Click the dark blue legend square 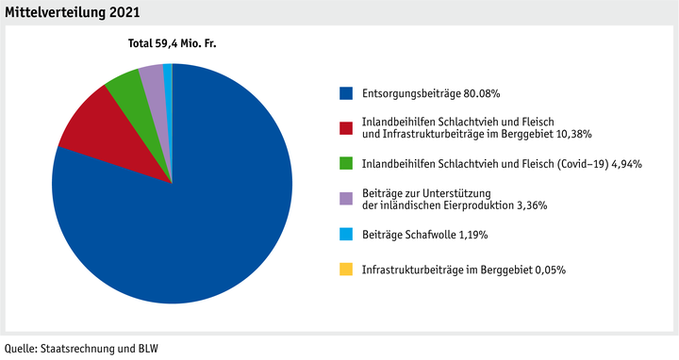tap(347, 93)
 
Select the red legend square tap(347, 128)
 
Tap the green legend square tap(347, 163)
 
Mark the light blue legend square tap(347, 233)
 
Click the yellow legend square tap(347, 270)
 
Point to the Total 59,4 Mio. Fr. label tap(173, 43)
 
